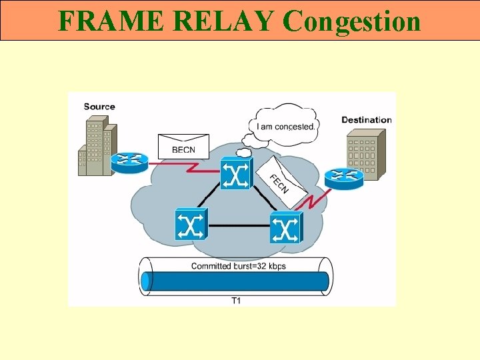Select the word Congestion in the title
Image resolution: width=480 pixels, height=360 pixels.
click(x=351, y=21)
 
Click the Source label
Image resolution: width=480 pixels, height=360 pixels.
click(x=99, y=107)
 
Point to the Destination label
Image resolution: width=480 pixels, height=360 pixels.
click(x=367, y=120)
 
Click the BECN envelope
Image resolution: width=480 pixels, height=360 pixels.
click(x=183, y=146)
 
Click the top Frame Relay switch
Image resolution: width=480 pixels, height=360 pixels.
click(x=236, y=175)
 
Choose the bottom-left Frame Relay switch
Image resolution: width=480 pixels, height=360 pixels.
click(x=191, y=225)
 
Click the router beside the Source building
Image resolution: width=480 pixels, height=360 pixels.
click(x=129, y=161)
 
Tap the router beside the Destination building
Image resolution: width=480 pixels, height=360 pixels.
click(x=344, y=177)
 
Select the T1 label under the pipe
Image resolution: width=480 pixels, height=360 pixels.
click(x=236, y=301)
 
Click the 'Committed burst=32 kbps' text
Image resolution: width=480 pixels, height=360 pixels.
click(x=239, y=266)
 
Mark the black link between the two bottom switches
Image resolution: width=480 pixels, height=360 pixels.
click(x=239, y=225)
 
